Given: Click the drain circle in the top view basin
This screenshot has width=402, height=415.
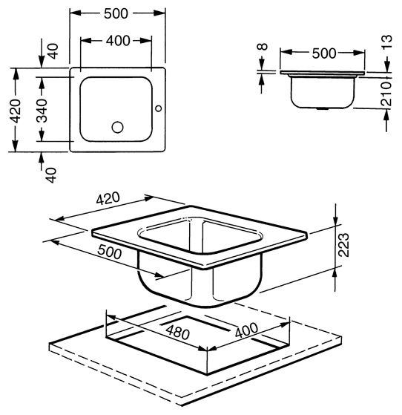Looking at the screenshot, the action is pos(117,127).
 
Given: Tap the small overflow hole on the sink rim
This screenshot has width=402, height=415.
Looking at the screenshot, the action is pos(159,108).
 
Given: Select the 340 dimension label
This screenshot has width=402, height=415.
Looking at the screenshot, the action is pos(42,111).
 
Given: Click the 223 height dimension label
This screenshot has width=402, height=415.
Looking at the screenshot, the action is pos(343,245).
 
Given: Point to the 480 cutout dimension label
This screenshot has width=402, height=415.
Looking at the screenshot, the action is pos(177,333).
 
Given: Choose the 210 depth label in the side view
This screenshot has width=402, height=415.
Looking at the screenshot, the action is pos(386,94).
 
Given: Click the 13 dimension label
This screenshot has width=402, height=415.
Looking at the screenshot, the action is pos(386,42).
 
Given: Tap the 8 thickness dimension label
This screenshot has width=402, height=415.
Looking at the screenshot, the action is pos(263,47).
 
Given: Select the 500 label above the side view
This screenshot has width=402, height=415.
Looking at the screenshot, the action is pos(324,53).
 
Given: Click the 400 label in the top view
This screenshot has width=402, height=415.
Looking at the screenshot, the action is pos(118,41).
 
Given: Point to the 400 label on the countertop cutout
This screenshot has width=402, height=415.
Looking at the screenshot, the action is pos(246,330).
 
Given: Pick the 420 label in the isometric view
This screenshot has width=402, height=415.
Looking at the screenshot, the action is pos(108,198).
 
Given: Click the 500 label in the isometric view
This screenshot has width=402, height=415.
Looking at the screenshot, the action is pos(109,252).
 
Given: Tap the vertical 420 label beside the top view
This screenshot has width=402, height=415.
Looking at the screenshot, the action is pos(16,111).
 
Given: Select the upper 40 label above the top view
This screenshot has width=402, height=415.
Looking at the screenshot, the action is pos(53,51).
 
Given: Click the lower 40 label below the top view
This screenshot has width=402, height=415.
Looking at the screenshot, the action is pos(51,175).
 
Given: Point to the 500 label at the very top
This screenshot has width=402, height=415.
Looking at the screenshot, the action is pos(116,14).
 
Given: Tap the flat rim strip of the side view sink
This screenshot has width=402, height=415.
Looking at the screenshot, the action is pos(323,73).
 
